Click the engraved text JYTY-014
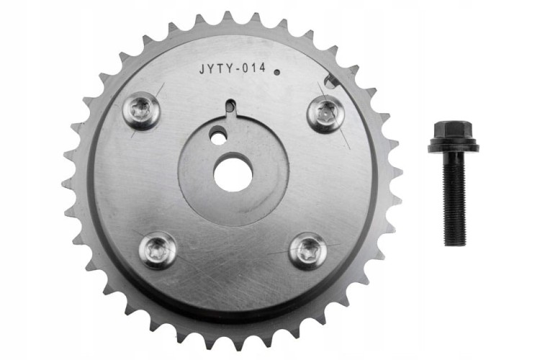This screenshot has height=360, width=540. point(233,68)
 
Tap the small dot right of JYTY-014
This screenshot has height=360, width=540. point(276,72)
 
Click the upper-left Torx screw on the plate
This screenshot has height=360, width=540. point(141,111)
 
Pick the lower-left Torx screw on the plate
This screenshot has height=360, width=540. point(158,250)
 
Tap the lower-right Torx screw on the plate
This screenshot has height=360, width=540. point(307,251)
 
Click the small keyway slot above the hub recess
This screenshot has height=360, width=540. point(231,105)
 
